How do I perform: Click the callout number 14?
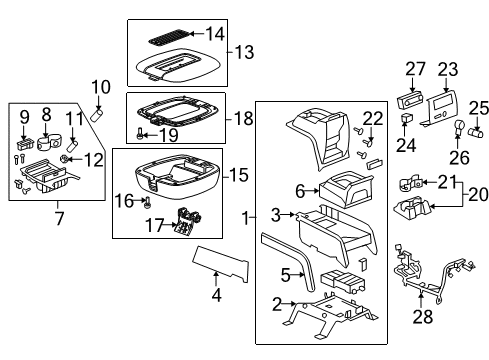[215, 34]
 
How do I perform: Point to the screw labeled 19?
[141, 133]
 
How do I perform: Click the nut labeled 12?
[63, 159]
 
